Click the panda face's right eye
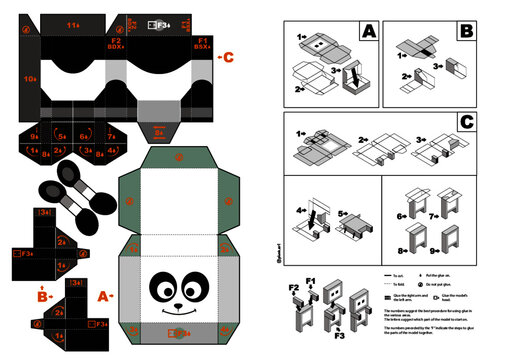coord(199,286)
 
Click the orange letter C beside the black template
coord(228,56)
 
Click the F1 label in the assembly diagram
coord(311,281)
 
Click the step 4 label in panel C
coord(299,210)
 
